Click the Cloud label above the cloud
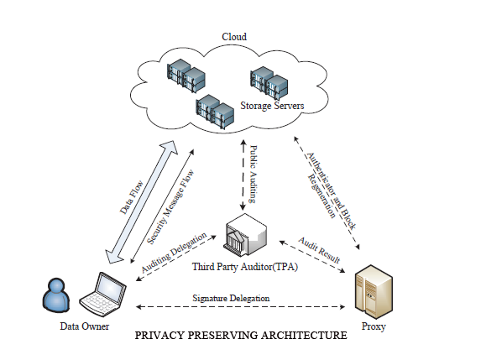[x=234, y=37]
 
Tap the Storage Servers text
[x=272, y=106]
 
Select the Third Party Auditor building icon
[x=246, y=234]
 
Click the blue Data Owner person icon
[x=56, y=295]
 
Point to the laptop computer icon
[x=102, y=294]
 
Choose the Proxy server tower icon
[x=374, y=292]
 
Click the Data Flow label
[x=132, y=197]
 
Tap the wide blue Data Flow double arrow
[x=141, y=202]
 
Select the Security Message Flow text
[x=170, y=207]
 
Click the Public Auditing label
[x=253, y=174]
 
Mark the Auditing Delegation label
[x=174, y=253]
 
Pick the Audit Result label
[x=319, y=250]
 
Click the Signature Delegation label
[x=231, y=298]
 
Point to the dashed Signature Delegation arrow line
[x=240, y=306]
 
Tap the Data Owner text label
[x=84, y=326]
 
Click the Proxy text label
[x=374, y=326]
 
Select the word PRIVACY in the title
[x=159, y=335]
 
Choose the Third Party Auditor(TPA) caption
[x=245, y=267]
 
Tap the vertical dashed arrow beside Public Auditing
[x=243, y=175]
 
